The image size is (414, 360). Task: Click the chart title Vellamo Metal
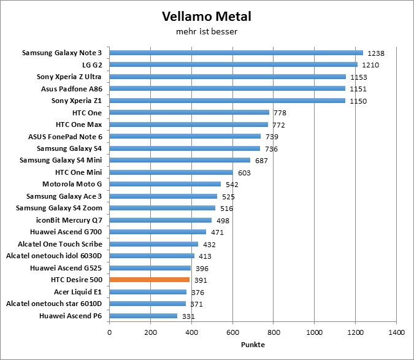(x=206, y=15)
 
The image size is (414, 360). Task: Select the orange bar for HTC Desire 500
(x=150, y=280)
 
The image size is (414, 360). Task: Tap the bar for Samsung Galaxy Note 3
(x=236, y=53)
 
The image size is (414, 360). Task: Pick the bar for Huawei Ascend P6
(x=144, y=315)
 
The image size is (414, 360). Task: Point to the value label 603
(x=245, y=173)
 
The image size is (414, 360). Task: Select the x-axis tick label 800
(x=274, y=332)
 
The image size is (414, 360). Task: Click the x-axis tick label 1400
(x=396, y=332)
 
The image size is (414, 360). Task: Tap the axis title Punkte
(x=252, y=345)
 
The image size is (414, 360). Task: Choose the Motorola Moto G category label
(x=72, y=184)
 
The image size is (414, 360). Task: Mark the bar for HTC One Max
(x=188, y=124)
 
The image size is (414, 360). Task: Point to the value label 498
(x=223, y=221)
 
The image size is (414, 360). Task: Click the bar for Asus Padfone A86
(x=228, y=88)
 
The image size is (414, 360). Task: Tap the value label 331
(x=189, y=316)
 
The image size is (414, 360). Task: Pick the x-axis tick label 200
(x=151, y=332)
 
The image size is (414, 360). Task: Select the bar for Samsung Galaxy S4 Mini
(x=180, y=160)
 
